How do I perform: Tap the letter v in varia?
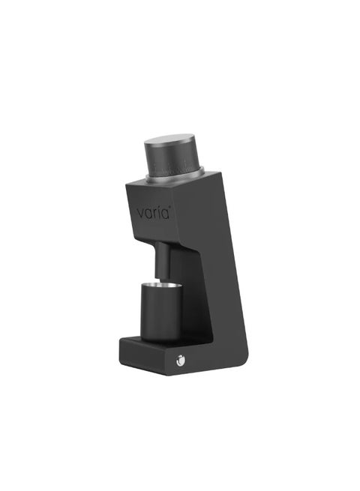[x=141, y=214]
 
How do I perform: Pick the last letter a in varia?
[x=166, y=214]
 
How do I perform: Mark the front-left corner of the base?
[x=120, y=358]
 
